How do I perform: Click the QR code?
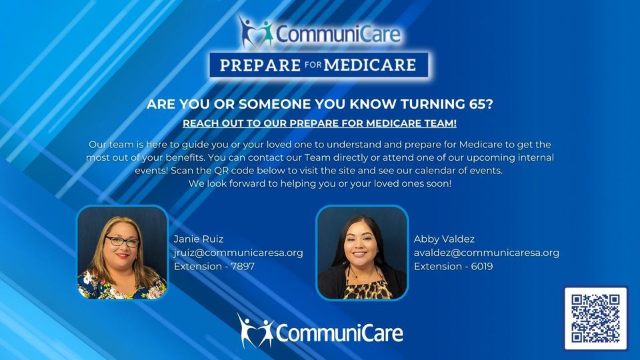[595, 318]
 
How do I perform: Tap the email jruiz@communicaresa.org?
[238, 253]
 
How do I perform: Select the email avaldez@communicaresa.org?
[486, 253]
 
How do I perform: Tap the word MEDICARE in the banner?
[376, 65]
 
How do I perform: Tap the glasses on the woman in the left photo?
[121, 242]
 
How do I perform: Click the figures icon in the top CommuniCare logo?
[255, 31]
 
